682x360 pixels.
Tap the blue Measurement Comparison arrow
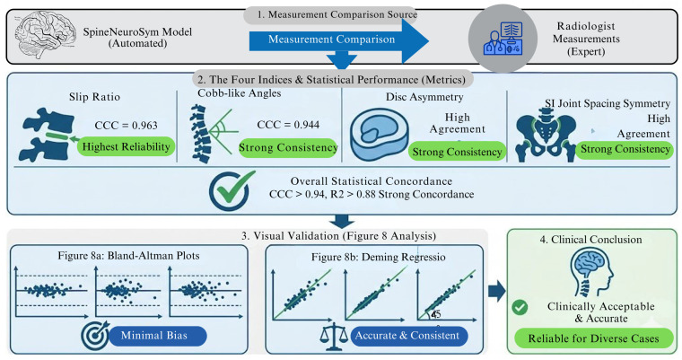point(339,40)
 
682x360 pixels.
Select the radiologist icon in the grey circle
point(503,40)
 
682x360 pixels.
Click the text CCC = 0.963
point(127,126)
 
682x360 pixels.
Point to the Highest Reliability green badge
point(127,146)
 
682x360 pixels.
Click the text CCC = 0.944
point(288,125)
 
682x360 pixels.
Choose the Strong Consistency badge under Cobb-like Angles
point(288,148)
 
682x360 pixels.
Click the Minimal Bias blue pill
point(154,336)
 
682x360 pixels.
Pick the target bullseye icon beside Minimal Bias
point(94,336)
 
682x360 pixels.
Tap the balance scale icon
point(334,337)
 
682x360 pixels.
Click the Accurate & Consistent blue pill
point(407,336)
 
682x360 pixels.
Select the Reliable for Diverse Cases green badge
point(593,338)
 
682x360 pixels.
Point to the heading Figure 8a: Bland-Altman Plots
point(128,256)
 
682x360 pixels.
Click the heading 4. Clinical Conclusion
point(590,240)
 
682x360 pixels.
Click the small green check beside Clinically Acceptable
point(520,307)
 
